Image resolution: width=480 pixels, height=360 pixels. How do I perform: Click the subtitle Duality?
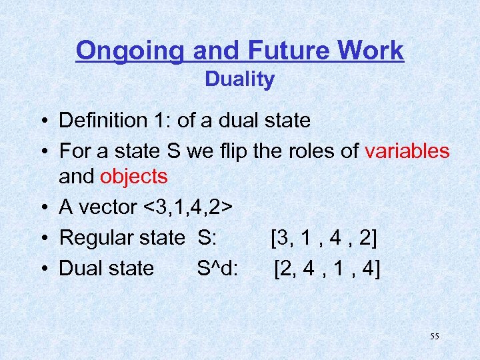[239, 79]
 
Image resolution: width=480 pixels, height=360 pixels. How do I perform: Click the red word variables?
[407, 151]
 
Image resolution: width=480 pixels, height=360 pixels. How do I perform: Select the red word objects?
[133, 177]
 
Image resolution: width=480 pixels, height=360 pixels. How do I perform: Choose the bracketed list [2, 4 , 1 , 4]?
[327, 268]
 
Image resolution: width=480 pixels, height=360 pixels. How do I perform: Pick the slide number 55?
[434, 337]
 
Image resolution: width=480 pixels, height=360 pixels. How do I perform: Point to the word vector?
[108, 207]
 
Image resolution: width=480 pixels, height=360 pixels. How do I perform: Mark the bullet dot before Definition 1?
[42, 121]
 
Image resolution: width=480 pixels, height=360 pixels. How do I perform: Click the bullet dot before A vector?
[42, 208]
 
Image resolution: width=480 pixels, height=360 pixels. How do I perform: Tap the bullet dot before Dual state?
[42, 269]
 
